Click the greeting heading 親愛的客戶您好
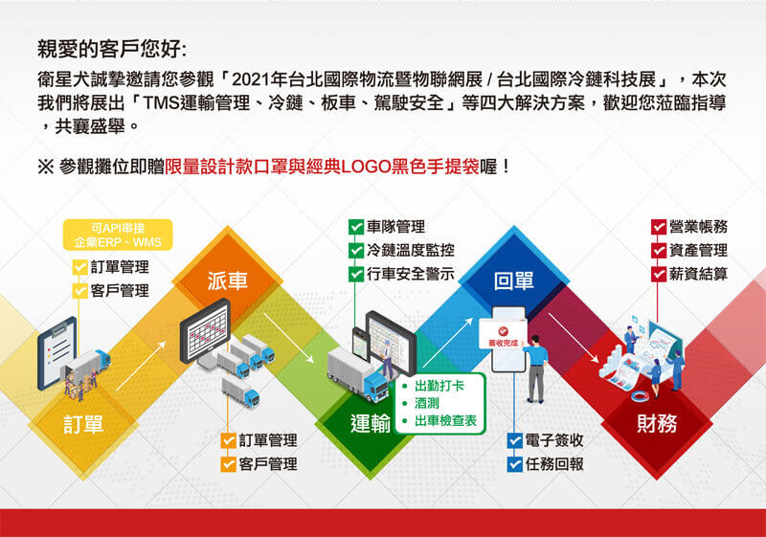[111, 50]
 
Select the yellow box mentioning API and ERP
[118, 235]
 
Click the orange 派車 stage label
[228, 280]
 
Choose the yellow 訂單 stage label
[83, 424]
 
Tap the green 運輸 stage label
[371, 423]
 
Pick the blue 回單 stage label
[513, 280]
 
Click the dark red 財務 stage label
[657, 423]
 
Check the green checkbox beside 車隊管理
[356, 227]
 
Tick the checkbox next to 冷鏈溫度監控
[356, 251]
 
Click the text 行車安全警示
[411, 274]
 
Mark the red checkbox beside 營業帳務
[659, 227]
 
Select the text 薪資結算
[698, 274]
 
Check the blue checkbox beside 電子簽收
[515, 441]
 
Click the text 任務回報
[554, 463]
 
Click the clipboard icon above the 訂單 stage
[57, 352]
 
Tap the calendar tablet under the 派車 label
[205, 331]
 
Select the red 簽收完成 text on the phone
[503, 344]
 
